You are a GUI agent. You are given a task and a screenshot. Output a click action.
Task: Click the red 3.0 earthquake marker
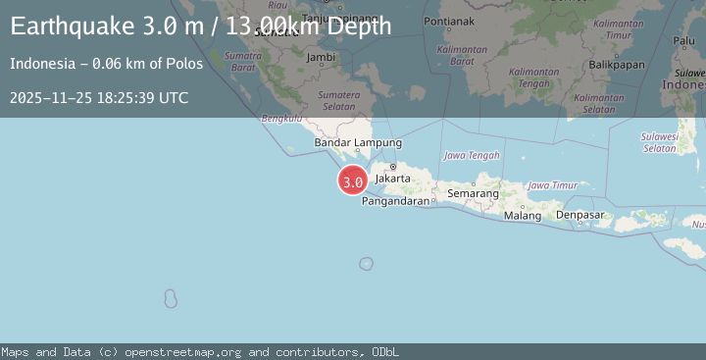point(353,181)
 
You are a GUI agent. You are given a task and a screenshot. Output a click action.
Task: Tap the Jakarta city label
point(392,180)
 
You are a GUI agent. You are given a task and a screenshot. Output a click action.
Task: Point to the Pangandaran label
point(396,201)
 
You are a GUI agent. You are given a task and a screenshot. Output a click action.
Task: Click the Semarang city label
point(474,194)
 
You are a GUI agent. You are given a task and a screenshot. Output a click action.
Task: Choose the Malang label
point(522,216)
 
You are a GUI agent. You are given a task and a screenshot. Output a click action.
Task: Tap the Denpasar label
point(580,215)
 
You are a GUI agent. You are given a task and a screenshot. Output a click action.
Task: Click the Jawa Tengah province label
point(472,155)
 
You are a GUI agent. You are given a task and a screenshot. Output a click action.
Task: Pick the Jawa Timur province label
point(552,184)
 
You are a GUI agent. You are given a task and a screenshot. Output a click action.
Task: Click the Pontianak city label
point(451,21)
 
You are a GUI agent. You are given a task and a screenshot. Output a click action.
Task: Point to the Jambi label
point(322,57)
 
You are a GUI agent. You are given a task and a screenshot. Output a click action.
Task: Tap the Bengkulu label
point(280,119)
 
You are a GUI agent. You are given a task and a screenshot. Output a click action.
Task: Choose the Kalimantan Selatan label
point(598,103)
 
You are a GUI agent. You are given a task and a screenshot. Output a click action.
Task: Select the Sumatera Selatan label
point(339,100)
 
